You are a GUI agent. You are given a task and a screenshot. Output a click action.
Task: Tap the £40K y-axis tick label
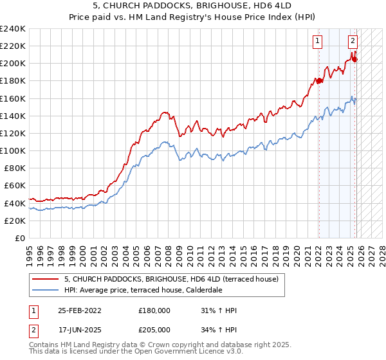click(14, 203)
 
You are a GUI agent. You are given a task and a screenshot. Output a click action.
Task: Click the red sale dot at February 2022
click(318, 81)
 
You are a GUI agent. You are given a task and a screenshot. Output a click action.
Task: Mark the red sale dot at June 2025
click(354, 59)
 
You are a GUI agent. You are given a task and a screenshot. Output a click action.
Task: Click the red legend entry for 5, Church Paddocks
click(171, 279)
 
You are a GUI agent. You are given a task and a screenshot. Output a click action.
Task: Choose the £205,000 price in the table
click(154, 329)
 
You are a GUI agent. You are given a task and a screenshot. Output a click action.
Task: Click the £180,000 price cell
click(154, 310)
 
